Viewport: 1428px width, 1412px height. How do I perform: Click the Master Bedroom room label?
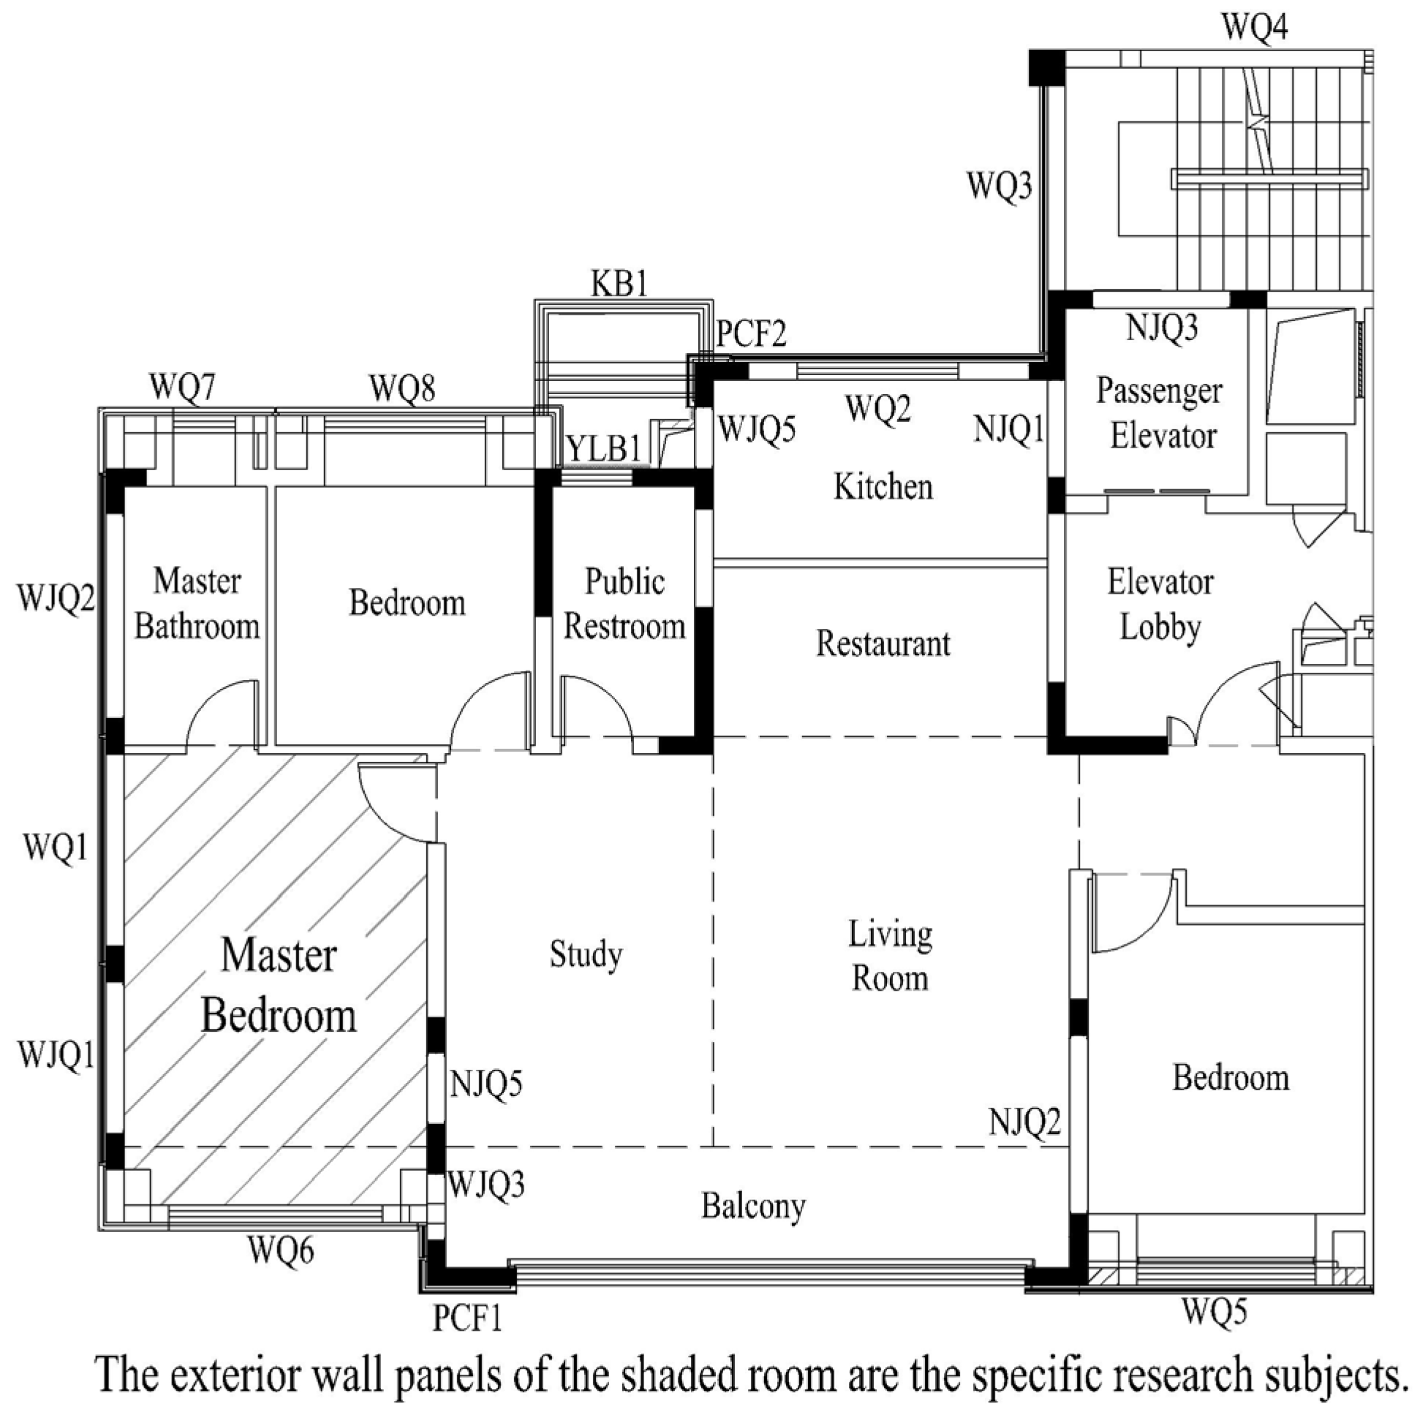point(279,986)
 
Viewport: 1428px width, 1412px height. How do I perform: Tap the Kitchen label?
point(883,486)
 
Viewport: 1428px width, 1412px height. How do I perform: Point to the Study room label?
point(586,954)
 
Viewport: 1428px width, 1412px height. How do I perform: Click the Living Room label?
point(890,956)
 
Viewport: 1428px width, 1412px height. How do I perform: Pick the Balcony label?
point(753,1207)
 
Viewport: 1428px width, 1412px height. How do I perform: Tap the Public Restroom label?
point(624,604)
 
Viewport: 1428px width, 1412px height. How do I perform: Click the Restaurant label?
point(883,643)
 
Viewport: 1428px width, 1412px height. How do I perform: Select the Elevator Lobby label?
point(1160,605)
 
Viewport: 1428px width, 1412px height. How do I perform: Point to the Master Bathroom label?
point(197,604)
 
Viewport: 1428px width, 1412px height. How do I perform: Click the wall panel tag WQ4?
point(1255,27)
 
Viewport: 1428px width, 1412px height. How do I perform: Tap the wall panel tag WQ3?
point(1000,185)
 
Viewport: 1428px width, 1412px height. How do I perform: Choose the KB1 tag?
point(619,283)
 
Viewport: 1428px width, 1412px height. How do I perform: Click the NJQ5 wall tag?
point(486,1084)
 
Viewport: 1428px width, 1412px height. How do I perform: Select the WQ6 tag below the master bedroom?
point(281,1250)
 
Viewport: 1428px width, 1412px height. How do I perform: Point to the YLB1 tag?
point(604,449)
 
